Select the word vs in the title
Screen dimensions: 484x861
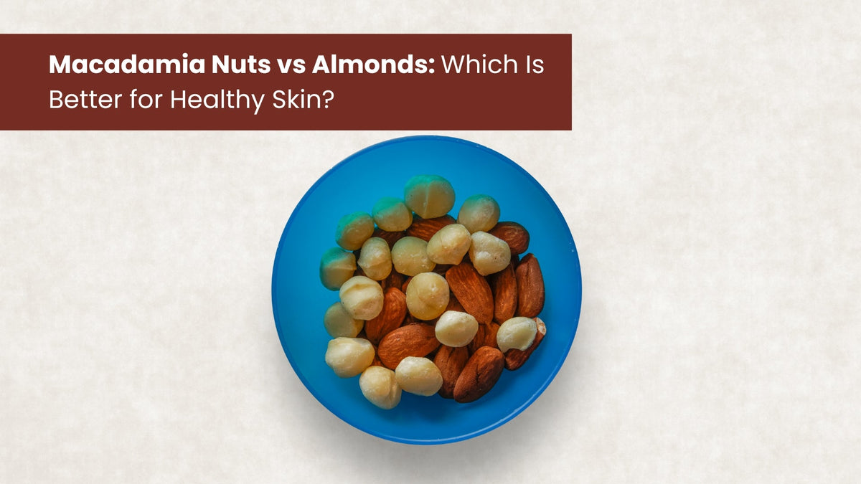coord(286,66)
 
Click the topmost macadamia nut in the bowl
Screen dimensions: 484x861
coord(429,196)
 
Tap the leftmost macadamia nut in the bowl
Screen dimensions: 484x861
coord(337,267)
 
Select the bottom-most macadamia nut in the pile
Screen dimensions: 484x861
coord(380,387)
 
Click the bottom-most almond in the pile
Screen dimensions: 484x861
coord(478,374)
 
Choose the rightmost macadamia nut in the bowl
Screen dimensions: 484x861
coord(517,333)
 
